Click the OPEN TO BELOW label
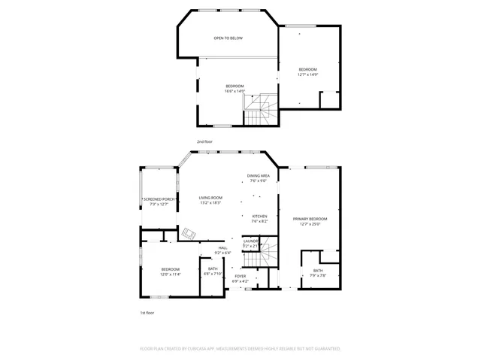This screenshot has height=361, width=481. coord(228,38)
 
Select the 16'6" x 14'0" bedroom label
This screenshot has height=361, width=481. coord(235,89)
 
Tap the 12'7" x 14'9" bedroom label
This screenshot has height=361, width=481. coord(308,72)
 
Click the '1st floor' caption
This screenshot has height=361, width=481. coord(147,312)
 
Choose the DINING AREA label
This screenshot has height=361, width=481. coord(259,178)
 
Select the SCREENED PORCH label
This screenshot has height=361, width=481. coord(159,202)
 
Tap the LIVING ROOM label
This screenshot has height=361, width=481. coord(211,200)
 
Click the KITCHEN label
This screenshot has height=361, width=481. coord(259,219)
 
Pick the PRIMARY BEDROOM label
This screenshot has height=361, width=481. coord(310,221)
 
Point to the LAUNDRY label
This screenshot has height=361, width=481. coord(250,243)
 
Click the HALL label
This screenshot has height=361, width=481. coord(222,250)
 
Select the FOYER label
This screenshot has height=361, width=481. coord(240,278)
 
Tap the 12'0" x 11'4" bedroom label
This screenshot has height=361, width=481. coord(171,272)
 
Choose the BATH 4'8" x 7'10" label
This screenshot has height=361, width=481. coord(213,272)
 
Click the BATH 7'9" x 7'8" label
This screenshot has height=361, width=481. coord(318,272)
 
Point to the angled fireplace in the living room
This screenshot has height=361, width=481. coord(189,234)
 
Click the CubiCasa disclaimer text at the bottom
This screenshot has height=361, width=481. coord(240,349)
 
